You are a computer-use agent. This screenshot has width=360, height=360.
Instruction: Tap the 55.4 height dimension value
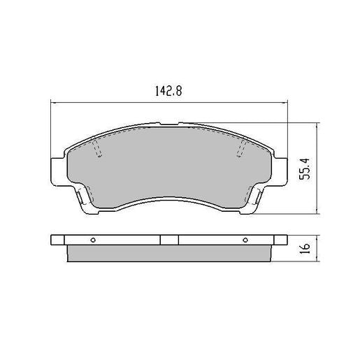coord(305,168)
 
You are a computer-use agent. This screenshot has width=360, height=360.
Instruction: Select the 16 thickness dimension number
coord(305,250)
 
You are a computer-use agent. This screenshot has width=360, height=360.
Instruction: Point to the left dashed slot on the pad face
coord(96,147)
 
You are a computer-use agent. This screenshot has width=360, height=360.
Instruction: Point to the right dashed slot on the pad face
coord(243,147)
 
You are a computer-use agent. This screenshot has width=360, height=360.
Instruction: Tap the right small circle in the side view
coord(245,240)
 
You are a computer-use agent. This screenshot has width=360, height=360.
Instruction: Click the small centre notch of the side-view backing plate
coord(169,240)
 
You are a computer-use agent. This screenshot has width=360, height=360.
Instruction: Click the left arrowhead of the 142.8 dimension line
coord(54,103)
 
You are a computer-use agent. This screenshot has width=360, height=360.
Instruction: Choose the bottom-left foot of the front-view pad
coord(85,202)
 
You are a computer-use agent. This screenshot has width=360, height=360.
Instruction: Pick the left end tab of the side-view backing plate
coord(59,240)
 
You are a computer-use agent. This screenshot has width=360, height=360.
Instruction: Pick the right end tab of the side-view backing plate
coord(279,240)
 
